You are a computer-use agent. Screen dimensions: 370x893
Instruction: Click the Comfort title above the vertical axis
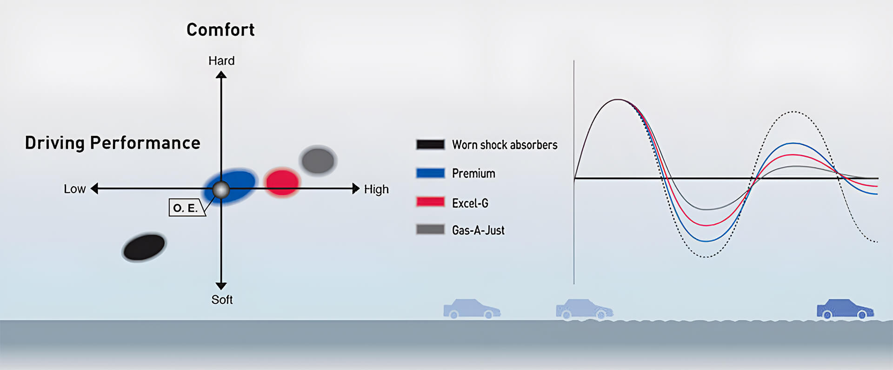tap(220, 30)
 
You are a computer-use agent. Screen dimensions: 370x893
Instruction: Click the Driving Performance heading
tap(113, 143)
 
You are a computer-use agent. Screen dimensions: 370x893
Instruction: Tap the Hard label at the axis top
tap(221, 61)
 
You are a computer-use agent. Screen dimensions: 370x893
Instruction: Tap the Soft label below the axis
tap(222, 300)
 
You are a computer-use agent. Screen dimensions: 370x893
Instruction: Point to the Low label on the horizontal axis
tap(74, 189)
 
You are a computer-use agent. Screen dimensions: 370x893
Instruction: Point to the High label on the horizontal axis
tap(376, 189)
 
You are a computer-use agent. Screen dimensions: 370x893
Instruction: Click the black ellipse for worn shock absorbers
tap(144, 247)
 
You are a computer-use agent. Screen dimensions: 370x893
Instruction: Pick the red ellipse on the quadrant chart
tap(282, 182)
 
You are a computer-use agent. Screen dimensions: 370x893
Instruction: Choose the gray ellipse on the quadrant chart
tap(318, 161)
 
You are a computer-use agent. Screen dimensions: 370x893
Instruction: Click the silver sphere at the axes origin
tap(221, 190)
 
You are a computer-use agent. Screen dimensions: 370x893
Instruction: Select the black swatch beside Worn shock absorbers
tap(430, 144)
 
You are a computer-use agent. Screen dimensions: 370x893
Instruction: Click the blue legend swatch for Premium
tap(430, 173)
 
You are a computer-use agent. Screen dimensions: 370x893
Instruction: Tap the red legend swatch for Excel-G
tap(430, 202)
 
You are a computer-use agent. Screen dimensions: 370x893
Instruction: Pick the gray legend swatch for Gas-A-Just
tap(430, 229)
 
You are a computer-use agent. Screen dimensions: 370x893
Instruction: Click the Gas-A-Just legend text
tap(478, 230)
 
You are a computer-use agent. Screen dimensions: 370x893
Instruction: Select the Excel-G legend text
tap(470, 203)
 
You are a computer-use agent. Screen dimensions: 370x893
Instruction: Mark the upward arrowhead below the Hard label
tap(221, 75)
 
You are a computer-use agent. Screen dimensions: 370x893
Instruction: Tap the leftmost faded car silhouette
tap(472, 309)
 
